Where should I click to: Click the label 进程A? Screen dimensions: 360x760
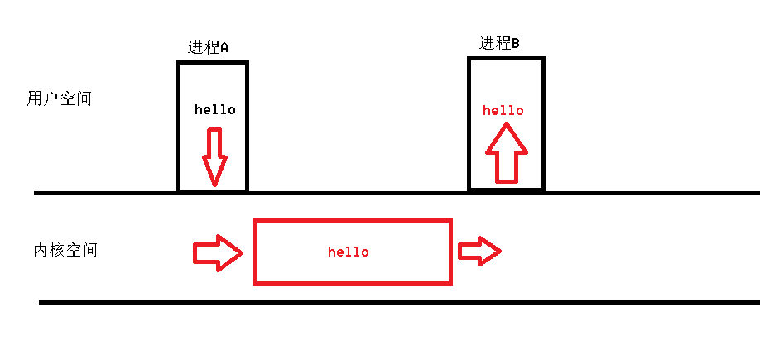coord(208,47)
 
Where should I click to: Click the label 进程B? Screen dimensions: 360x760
coord(499,44)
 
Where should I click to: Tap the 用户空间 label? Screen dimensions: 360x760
coord(59,99)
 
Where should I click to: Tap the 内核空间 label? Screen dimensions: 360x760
coord(65,250)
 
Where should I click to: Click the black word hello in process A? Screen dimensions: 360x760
coord(215,109)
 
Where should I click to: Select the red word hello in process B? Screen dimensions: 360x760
coord(503,110)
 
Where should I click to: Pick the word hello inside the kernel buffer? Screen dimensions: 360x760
coord(349,252)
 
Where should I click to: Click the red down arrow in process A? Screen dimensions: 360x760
coord(214,156)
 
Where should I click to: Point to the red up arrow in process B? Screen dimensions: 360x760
coord(506,152)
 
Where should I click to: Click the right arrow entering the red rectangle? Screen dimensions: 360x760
coord(218,252)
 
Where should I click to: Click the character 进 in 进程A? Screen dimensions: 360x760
coord(195,47)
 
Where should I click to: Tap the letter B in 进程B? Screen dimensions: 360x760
coord(515,44)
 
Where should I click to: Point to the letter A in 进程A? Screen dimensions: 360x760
coord(224,48)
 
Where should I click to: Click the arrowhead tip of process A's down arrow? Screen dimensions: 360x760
coord(214,184)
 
